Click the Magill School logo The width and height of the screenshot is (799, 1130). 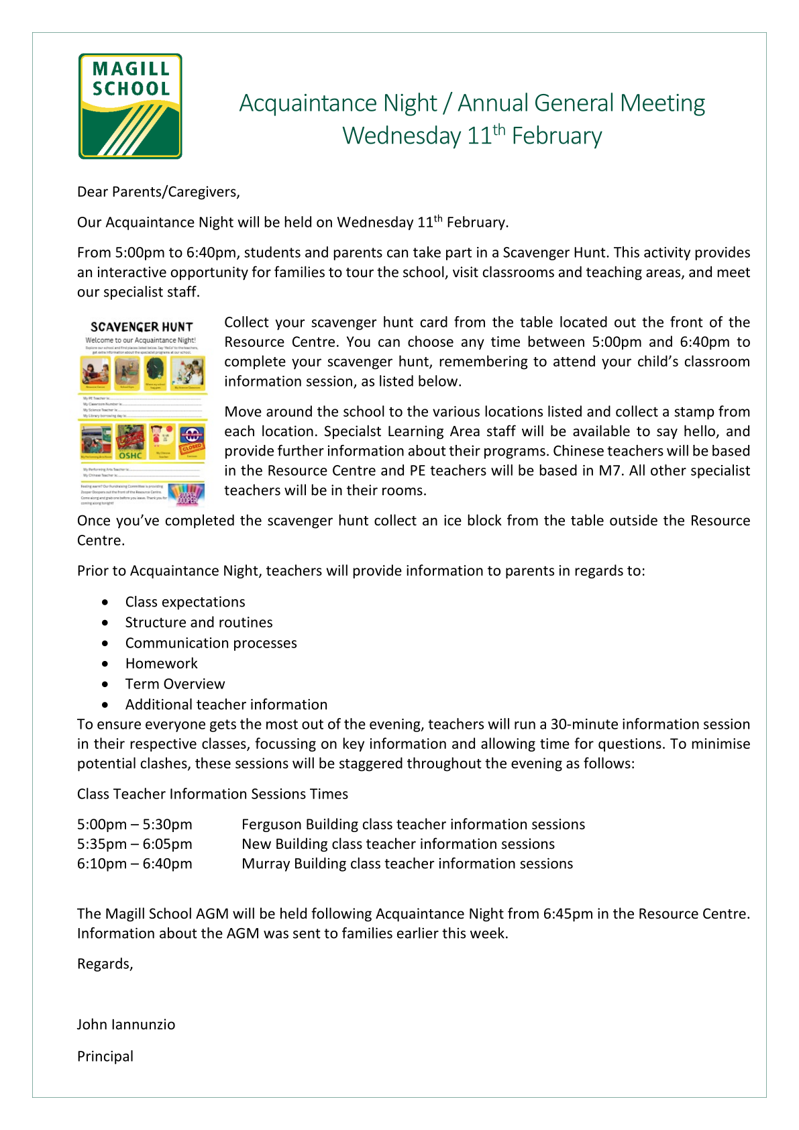pyautogui.click(x=130, y=106)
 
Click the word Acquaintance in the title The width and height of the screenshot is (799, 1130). pyautogui.click(x=338, y=103)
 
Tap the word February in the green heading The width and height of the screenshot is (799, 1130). pyautogui.click(x=556, y=136)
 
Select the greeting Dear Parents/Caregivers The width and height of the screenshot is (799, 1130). pyautogui.click(x=158, y=192)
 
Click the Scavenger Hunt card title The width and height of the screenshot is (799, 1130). pyautogui.click(x=142, y=327)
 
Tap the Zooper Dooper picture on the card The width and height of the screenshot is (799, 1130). pyautogui.click(x=187, y=494)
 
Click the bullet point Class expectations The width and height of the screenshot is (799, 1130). pyautogui.click(x=185, y=602)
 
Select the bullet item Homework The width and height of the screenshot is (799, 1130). pyautogui.click(x=161, y=664)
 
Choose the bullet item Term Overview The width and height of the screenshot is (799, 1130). pyautogui.click(x=175, y=684)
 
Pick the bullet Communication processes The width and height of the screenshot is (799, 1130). pyautogui.click(x=211, y=643)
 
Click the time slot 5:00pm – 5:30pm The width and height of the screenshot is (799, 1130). pyautogui.click(x=134, y=824)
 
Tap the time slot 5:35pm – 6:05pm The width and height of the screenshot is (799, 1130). pyautogui.click(x=134, y=843)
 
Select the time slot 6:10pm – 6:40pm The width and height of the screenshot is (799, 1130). pyautogui.click(x=134, y=864)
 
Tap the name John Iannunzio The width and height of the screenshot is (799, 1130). pyautogui.click(x=126, y=1025)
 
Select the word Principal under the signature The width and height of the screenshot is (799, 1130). pyautogui.click(x=105, y=1056)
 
